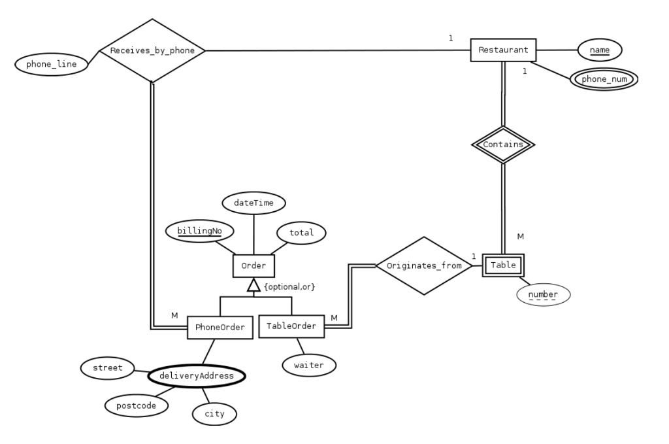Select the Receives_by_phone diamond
tap(152, 50)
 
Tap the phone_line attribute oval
tap(51, 64)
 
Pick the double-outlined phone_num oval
tap(603, 79)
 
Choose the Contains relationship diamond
tap(503, 145)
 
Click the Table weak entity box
tap(503, 265)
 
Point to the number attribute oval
tap(543, 294)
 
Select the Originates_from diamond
tap(424, 265)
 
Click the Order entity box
tap(253, 265)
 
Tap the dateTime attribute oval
tap(253, 203)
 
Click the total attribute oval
tap(301, 232)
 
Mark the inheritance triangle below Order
tap(253, 285)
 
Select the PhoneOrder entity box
tap(220, 327)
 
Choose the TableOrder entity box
tap(291, 326)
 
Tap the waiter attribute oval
tap(308, 365)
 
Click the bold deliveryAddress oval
tap(197, 376)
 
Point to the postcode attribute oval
tap(137, 405)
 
